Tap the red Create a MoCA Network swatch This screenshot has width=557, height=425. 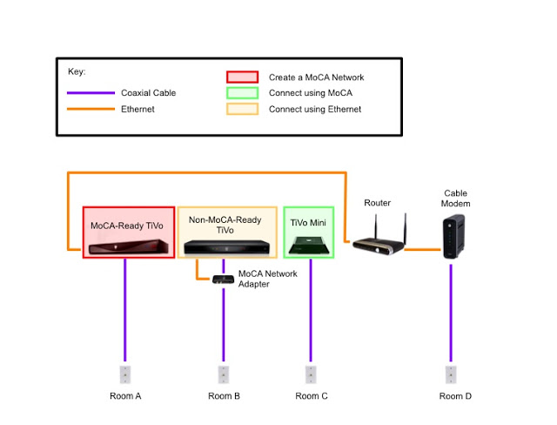click(241, 77)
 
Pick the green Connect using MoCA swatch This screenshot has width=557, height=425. click(241, 92)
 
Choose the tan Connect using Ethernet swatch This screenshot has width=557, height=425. click(241, 109)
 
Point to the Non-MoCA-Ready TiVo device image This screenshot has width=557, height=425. click(225, 247)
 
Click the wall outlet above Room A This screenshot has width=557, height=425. click(124, 374)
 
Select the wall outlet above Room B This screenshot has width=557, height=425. click(224, 374)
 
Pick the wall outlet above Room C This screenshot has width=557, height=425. click(311, 374)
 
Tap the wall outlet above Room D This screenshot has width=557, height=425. click(451, 374)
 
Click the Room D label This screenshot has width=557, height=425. click(455, 396)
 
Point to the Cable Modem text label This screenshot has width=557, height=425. click(456, 199)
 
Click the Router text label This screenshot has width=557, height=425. click(378, 203)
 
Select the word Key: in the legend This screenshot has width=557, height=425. click(77, 71)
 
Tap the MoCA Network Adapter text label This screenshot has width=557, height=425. click(267, 279)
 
